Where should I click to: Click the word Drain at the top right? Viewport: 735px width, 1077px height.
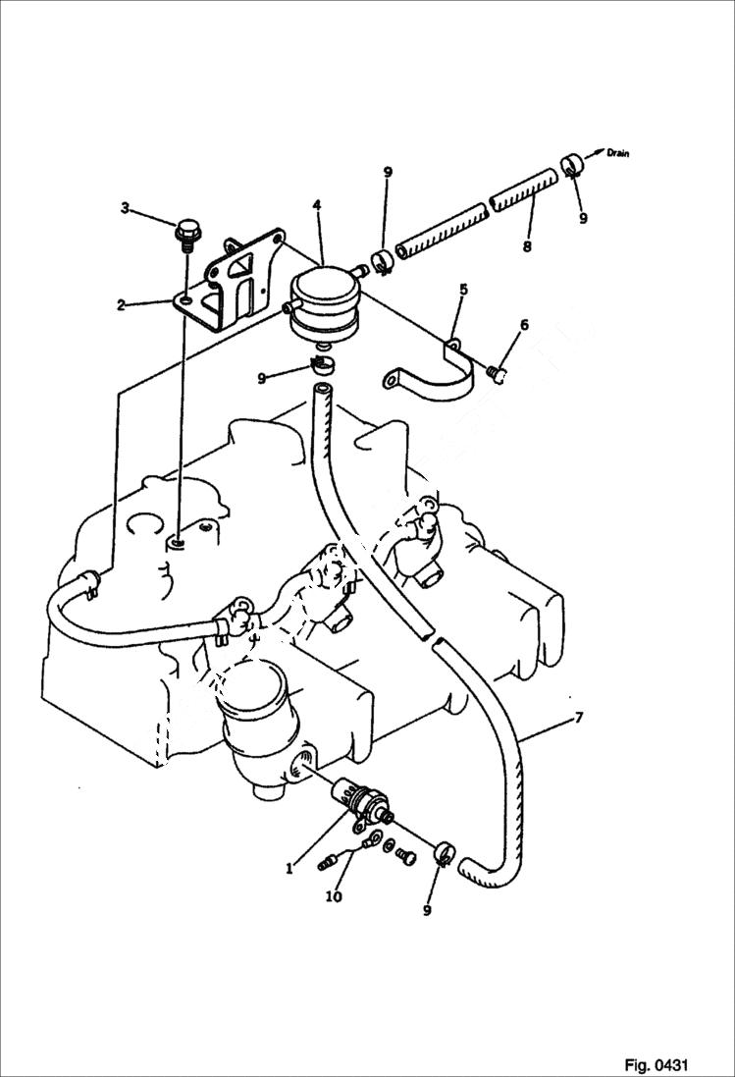pos(617,153)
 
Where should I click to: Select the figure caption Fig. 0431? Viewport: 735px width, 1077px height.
pos(656,1064)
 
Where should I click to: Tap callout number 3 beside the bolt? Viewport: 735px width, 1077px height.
pos(125,207)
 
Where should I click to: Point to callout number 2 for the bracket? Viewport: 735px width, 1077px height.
pos(121,304)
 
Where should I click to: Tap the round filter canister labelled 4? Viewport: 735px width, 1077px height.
pos(322,302)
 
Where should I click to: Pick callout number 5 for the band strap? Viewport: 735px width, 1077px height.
pos(463,290)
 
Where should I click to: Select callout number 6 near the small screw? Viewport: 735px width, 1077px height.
pos(524,325)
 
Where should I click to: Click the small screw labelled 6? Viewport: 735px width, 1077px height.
pos(498,371)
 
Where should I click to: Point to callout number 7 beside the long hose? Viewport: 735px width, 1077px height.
pos(578,718)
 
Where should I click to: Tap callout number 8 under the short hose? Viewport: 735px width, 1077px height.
pos(527,246)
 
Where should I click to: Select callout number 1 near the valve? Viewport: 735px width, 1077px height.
pos(289,867)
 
